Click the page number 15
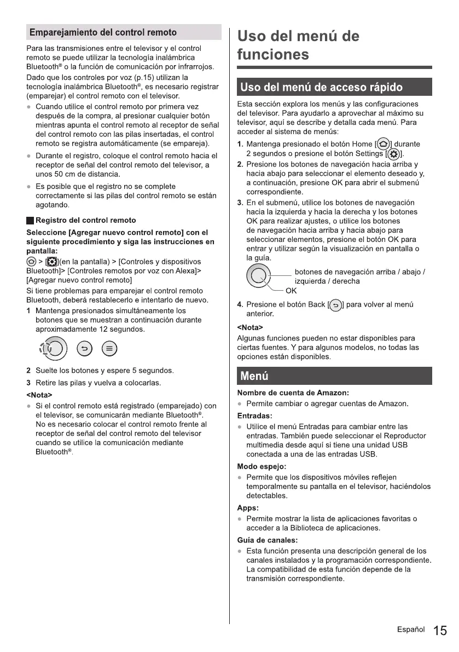(x=439, y=631)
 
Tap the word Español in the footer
(x=411, y=630)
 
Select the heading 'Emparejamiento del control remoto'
(x=103, y=32)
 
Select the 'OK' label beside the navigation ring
(x=291, y=291)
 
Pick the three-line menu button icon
(x=109, y=349)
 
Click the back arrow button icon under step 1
(x=84, y=349)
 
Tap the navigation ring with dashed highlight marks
(x=54, y=349)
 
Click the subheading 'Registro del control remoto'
(x=85, y=220)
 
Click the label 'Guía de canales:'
(x=267, y=540)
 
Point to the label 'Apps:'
(x=248, y=507)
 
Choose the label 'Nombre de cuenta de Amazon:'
(x=293, y=393)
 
